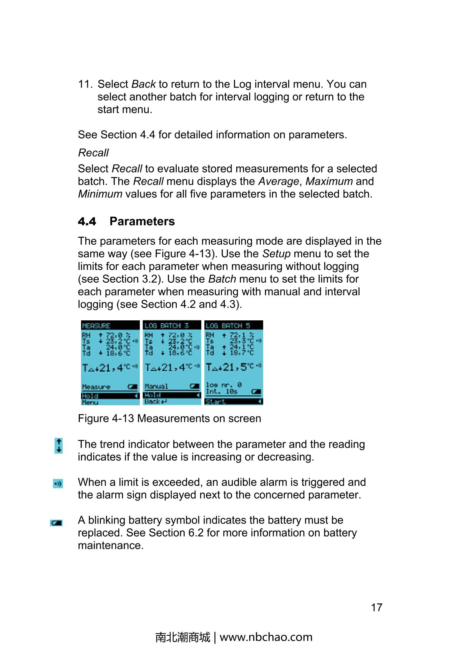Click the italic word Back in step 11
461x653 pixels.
143,84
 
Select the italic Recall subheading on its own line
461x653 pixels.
93,153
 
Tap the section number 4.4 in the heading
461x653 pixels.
87,222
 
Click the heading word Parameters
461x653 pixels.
142,222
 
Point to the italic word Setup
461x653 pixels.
276,254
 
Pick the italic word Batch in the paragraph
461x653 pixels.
222,279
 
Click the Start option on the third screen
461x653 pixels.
216,402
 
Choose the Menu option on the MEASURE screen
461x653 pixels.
90,403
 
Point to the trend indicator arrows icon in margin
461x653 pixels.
59,446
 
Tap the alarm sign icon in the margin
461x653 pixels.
58,484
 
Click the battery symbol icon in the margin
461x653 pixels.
56,523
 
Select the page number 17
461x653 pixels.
376,608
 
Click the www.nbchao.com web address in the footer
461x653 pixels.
266,637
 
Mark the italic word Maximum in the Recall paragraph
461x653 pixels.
329,181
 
